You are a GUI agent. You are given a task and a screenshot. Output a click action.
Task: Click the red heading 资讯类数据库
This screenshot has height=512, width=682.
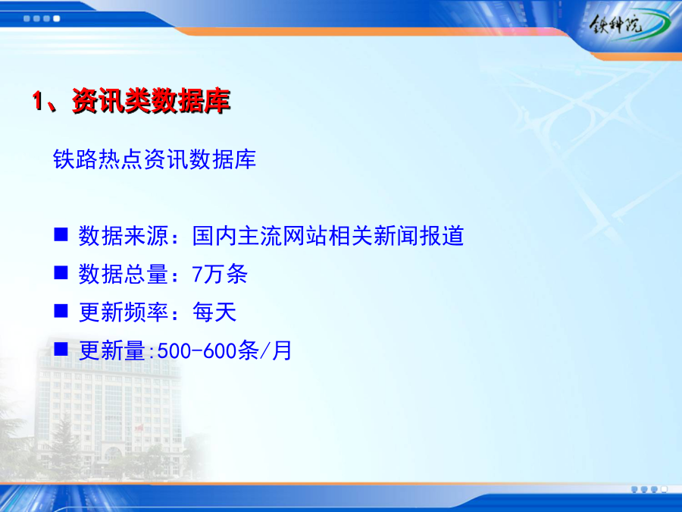(x=151, y=101)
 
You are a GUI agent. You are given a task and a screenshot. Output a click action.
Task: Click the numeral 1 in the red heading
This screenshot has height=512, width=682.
(x=38, y=101)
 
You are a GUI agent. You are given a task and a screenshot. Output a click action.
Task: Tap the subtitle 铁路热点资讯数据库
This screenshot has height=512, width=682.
(x=155, y=159)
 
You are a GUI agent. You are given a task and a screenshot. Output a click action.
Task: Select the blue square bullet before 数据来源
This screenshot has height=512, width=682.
(x=61, y=234)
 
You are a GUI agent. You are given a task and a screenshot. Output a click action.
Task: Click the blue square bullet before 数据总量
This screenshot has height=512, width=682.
(x=61, y=272)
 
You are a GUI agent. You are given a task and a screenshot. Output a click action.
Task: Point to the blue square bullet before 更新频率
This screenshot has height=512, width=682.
(x=61, y=311)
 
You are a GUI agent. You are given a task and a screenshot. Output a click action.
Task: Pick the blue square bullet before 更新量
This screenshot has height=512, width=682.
(x=61, y=349)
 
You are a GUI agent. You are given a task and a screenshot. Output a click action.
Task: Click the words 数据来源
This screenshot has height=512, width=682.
(x=123, y=236)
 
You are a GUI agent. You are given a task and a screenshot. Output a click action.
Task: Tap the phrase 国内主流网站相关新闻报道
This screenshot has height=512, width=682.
(x=328, y=236)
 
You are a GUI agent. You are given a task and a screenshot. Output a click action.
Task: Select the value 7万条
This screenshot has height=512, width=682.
(x=220, y=275)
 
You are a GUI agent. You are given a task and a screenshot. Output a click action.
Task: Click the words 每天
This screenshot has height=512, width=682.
(x=214, y=313)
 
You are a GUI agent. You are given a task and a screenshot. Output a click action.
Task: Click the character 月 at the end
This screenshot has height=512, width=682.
(x=282, y=351)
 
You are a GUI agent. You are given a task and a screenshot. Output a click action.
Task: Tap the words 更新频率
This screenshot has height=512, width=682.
(x=123, y=313)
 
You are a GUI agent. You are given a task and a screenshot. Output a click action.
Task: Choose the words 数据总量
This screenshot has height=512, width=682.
(x=123, y=275)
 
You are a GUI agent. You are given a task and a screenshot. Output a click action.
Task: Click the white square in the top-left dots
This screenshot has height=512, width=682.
(x=57, y=19)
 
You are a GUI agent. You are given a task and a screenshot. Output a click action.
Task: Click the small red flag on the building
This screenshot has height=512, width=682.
(x=139, y=428)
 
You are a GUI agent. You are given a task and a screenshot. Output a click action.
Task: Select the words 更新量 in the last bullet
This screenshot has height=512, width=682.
(x=112, y=351)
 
